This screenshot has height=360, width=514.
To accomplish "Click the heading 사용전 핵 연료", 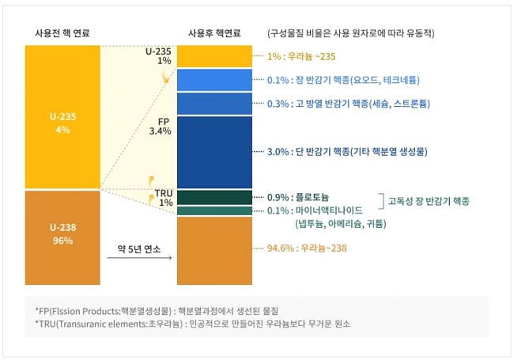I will pos(62,33).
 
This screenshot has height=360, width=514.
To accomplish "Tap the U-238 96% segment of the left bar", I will pos(62,236).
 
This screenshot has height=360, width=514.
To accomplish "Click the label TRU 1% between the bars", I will pos(164,198).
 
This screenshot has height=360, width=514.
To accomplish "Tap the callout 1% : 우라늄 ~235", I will pos(303,57).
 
